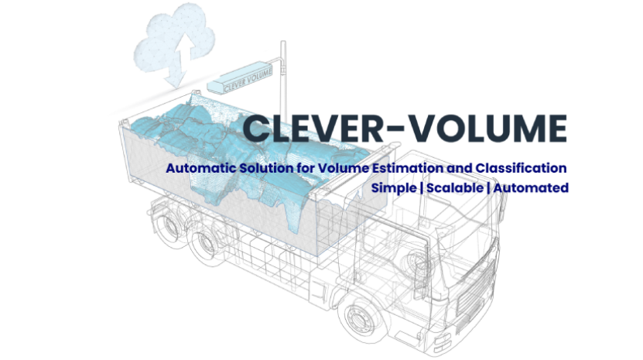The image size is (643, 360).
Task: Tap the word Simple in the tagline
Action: [x=393, y=188]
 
